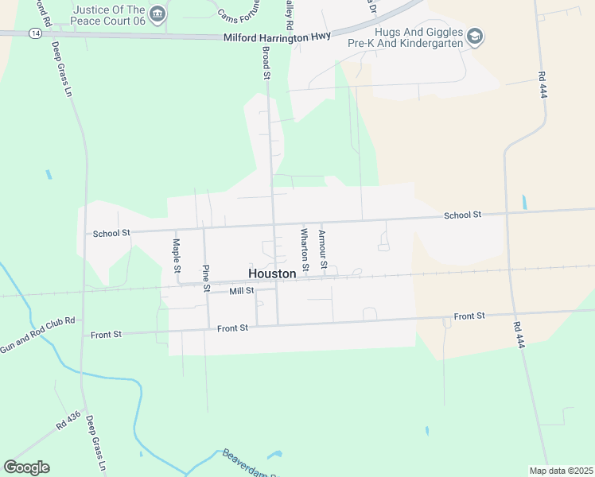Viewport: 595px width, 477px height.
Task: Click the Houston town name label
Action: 272,273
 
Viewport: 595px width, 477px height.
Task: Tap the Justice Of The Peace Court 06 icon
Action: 157,13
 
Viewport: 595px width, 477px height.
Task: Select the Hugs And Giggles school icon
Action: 475,36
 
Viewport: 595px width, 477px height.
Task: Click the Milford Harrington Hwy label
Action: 277,37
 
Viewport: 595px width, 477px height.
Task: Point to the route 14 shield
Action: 35,33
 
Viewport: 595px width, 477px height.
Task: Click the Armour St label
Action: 323,249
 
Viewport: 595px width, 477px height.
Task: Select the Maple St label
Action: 177,255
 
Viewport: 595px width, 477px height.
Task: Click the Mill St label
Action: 241,292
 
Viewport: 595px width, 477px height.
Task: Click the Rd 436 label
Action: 67,422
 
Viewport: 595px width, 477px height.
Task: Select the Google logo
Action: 26,467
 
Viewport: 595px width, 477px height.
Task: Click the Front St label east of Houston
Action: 469,316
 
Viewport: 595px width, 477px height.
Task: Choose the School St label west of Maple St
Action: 111,233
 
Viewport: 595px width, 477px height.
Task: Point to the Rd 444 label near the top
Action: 541,82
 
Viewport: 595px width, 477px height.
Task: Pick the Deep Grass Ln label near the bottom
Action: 96,444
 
